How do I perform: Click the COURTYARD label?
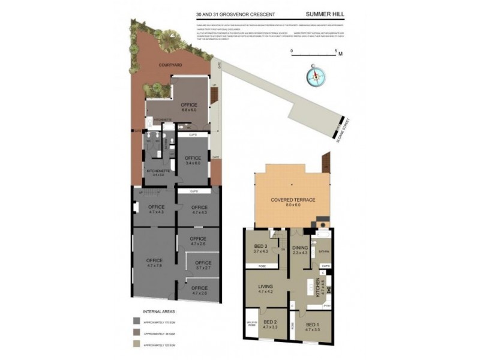pyautogui.click(x=170, y=65)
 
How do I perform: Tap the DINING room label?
pyautogui.click(x=299, y=248)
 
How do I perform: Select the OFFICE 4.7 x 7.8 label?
pyautogui.click(x=154, y=262)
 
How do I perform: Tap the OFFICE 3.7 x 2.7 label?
pyautogui.click(x=203, y=265)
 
